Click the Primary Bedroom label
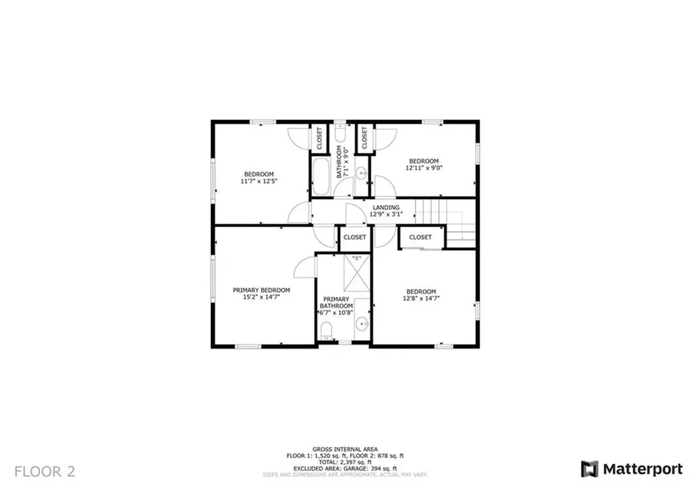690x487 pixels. point(261,290)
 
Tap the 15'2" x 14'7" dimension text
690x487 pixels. point(261,297)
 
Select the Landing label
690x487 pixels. point(386,207)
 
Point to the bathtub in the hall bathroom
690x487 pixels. point(321,176)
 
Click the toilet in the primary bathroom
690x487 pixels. point(326,331)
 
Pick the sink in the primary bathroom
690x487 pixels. point(362,324)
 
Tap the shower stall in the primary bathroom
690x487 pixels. point(356,273)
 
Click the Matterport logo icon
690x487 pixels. point(589,469)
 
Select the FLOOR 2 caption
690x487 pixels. point(45,471)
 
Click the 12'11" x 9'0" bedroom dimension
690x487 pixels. point(424,168)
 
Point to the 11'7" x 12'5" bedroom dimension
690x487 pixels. point(259,181)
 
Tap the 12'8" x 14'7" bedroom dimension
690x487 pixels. point(421,298)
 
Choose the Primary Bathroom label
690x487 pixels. point(336,302)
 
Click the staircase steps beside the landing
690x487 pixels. point(445,223)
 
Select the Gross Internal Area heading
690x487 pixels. point(345,449)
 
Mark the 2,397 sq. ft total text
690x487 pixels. point(345,462)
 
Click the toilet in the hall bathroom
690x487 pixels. point(340,132)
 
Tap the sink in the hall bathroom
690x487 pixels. point(361,173)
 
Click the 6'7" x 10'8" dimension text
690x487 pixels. point(336,312)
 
